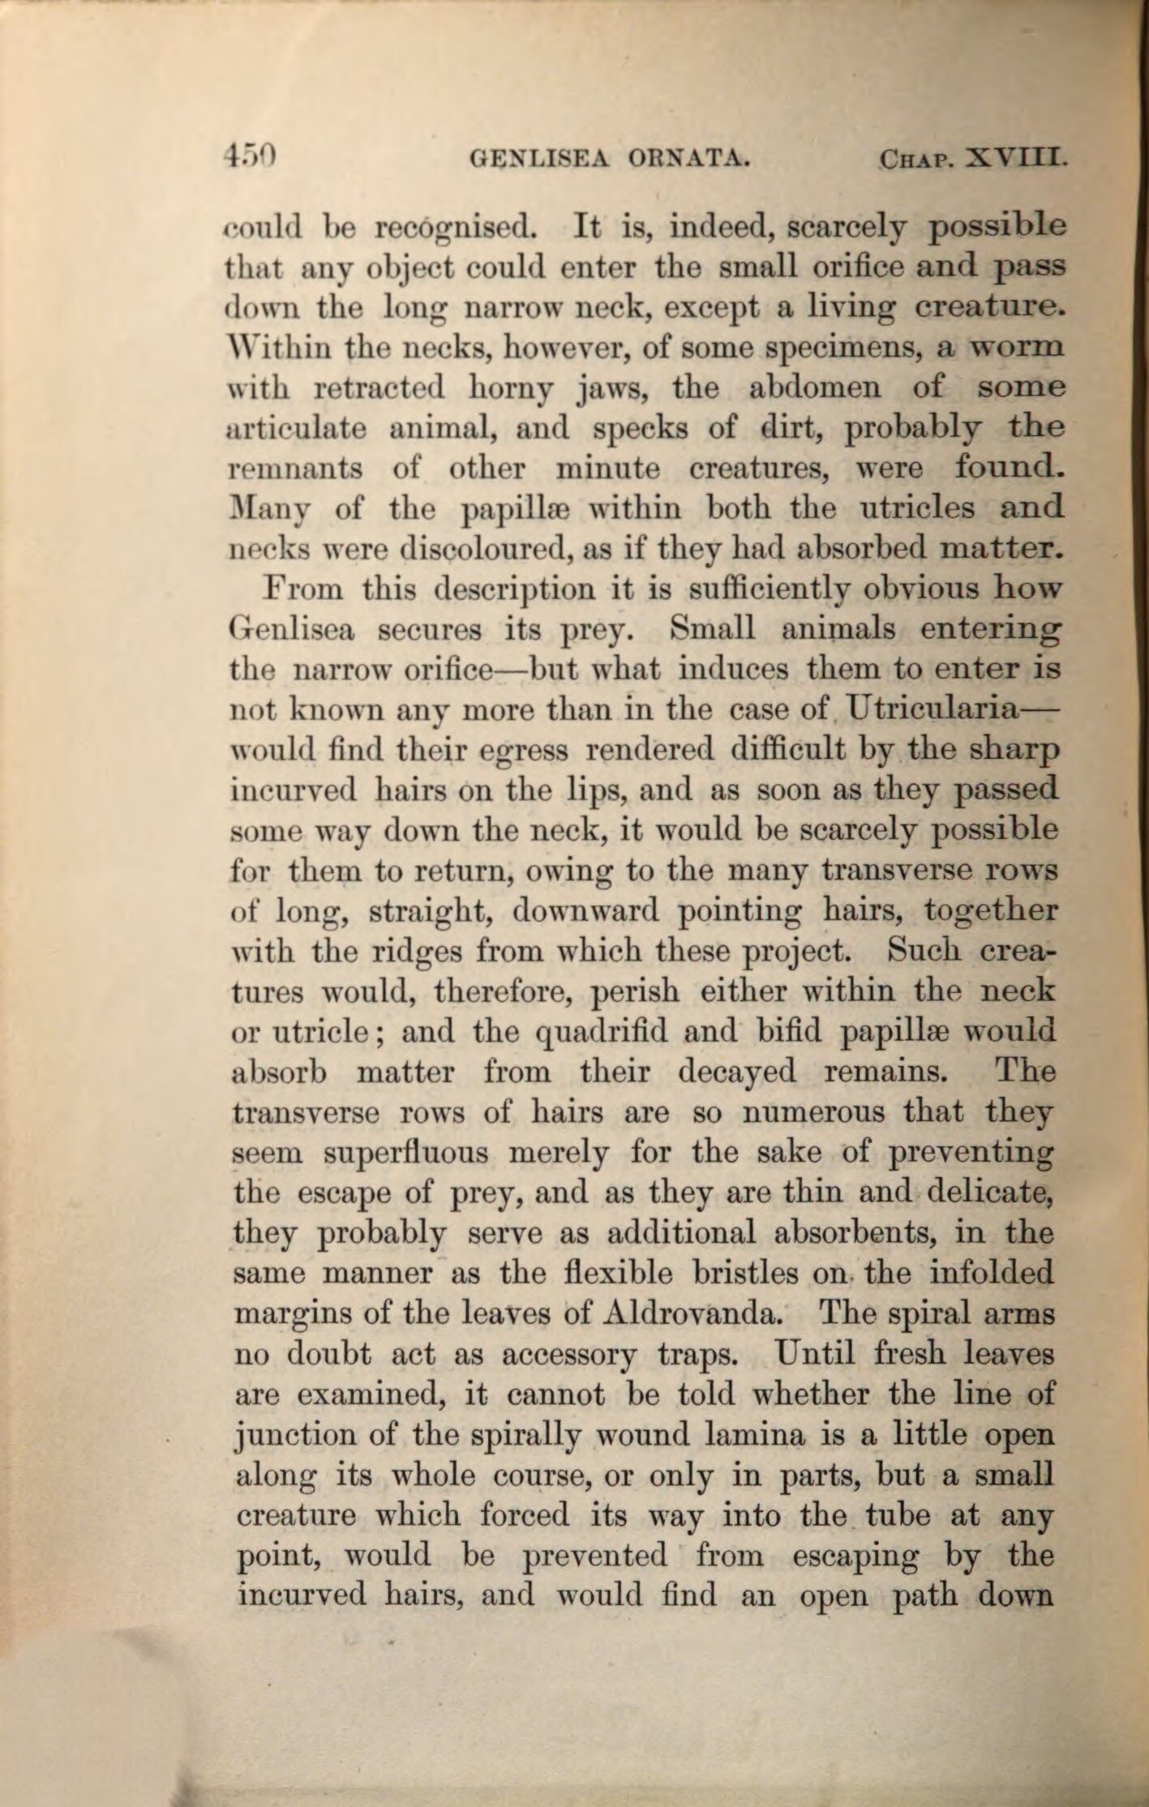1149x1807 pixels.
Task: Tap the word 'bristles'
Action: coord(743,1273)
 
